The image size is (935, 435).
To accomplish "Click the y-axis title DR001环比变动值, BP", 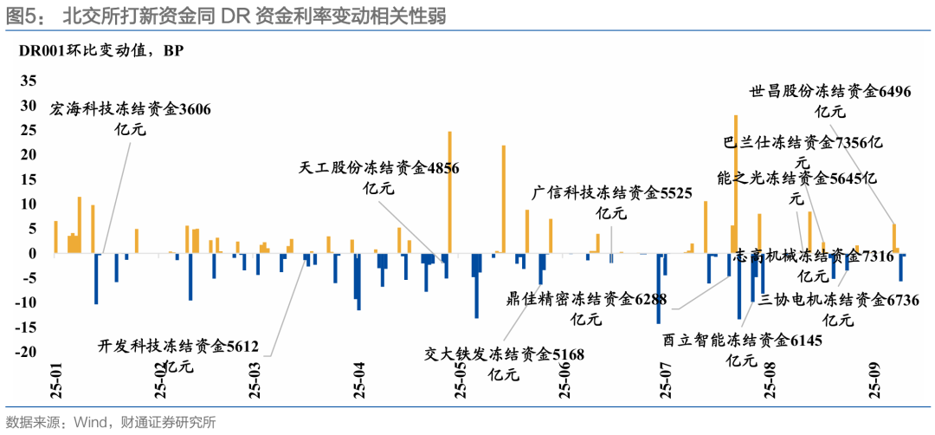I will click(101, 49).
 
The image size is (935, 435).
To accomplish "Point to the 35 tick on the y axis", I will click(29, 81).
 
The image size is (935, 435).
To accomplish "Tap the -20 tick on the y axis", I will click(26, 352).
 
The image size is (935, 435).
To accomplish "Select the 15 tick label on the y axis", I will click(29, 179).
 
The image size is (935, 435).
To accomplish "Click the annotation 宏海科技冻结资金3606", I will click(131, 110).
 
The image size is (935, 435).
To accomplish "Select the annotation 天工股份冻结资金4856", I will click(378, 169).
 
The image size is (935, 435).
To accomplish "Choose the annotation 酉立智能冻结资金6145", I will click(742, 341).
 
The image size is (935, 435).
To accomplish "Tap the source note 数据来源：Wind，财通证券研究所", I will click(111, 422).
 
